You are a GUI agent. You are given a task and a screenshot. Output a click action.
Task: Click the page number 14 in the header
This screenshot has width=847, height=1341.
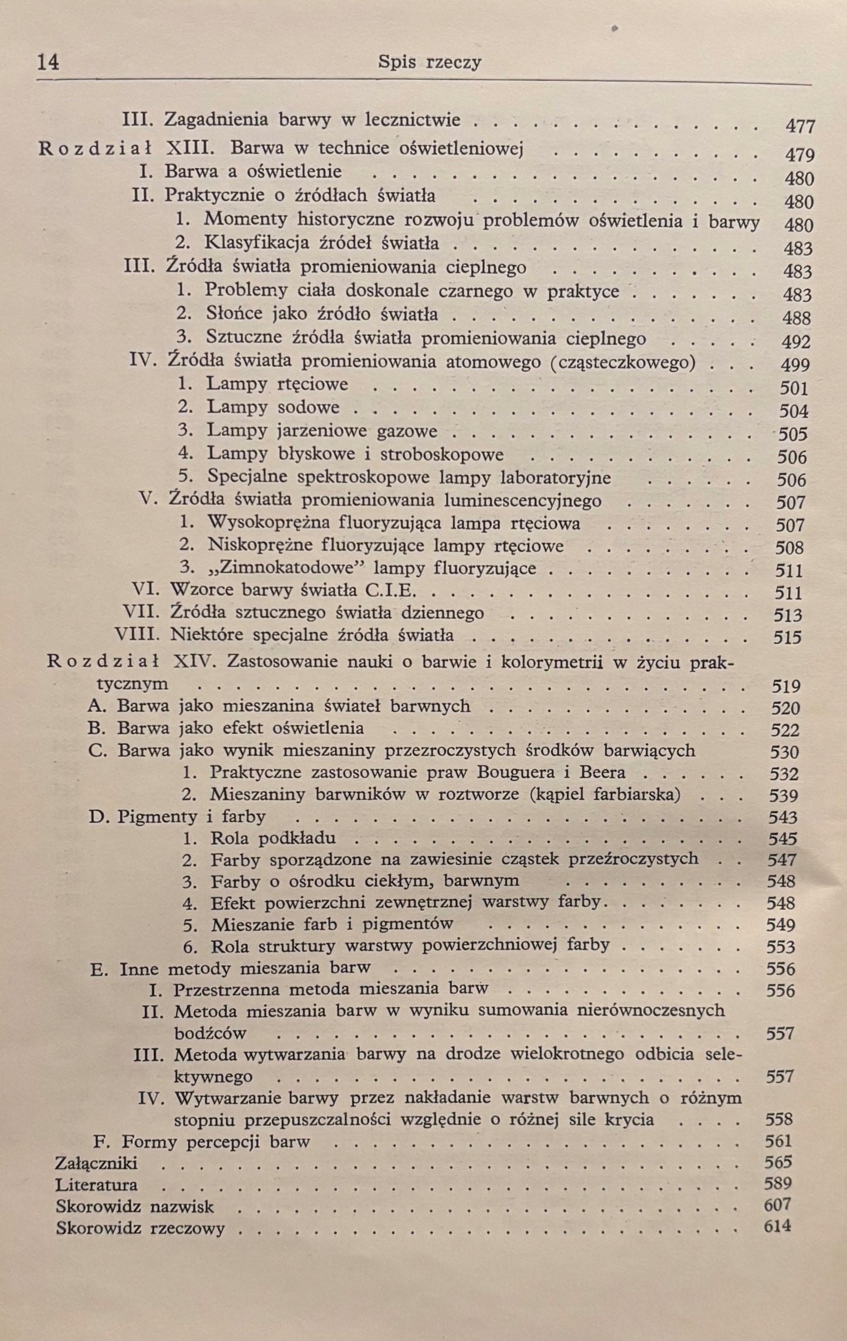[x=48, y=62]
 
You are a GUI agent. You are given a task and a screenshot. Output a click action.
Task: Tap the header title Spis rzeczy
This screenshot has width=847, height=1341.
[x=430, y=62]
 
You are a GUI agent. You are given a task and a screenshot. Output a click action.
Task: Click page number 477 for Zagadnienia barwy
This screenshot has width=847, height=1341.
[x=800, y=126]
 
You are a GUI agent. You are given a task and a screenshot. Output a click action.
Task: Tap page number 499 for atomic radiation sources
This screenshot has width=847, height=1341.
[x=795, y=365]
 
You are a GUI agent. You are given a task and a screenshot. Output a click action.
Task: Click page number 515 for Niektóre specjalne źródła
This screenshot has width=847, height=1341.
[x=787, y=637]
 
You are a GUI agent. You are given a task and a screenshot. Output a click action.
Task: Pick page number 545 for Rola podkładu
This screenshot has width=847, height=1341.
[x=783, y=839]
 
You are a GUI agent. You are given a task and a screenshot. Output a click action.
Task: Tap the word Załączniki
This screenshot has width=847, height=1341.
[x=97, y=1162]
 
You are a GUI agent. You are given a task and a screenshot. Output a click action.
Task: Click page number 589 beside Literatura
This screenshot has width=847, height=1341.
[x=778, y=1183]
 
